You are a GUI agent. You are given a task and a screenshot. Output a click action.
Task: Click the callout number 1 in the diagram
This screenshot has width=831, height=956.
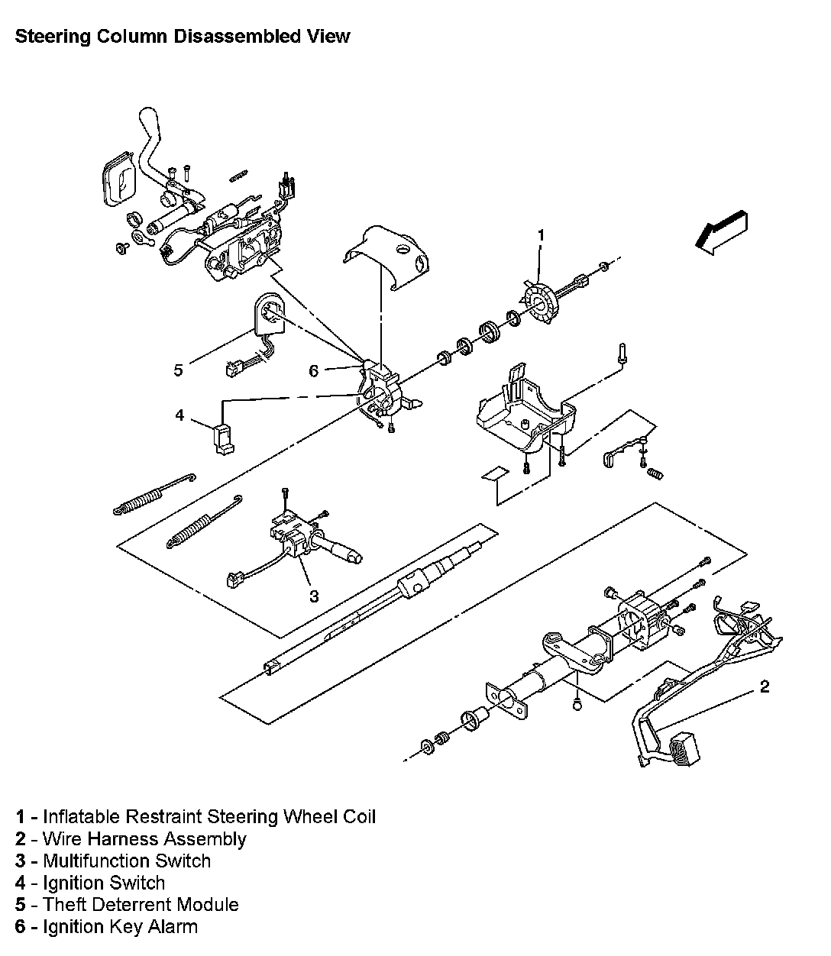(542, 235)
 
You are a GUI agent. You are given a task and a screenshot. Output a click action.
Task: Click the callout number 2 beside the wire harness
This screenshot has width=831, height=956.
(765, 686)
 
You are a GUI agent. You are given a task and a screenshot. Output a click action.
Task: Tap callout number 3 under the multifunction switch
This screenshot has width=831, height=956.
(314, 596)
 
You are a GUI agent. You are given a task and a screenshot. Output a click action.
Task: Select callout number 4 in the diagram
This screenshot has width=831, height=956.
(179, 415)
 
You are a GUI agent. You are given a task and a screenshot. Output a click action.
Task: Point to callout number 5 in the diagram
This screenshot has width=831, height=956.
(178, 370)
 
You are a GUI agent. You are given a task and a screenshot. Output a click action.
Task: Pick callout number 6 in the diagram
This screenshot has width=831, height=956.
(314, 370)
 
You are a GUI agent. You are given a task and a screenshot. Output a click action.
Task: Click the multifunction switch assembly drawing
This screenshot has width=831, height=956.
(294, 538)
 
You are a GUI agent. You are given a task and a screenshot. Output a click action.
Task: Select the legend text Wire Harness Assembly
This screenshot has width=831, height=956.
(144, 839)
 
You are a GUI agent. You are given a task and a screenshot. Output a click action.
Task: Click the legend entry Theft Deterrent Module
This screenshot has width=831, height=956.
(141, 905)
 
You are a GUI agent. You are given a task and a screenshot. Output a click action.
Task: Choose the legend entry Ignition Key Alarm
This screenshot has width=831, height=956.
(120, 927)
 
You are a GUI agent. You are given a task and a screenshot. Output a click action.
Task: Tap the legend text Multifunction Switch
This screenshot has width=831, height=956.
(127, 861)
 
